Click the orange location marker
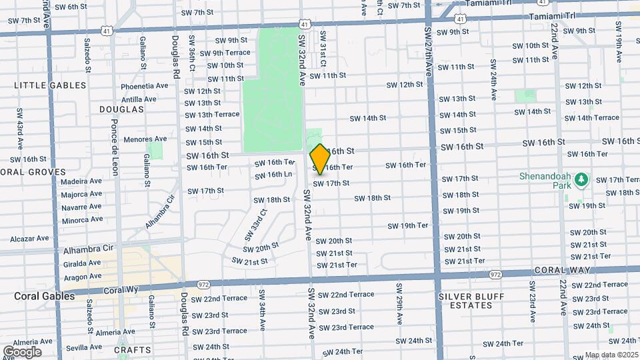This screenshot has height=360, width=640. (x=320, y=159)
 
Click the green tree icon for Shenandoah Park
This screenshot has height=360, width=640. (x=581, y=179)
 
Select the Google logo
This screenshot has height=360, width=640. (x=22, y=351)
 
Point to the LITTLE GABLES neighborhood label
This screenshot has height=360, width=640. (x=51, y=85)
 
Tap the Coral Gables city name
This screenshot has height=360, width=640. (x=45, y=296)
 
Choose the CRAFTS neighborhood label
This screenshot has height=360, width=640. (x=133, y=350)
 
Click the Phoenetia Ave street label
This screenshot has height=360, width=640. (x=145, y=86)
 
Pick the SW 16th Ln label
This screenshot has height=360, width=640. (x=275, y=175)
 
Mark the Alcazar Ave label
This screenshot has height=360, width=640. (x=29, y=238)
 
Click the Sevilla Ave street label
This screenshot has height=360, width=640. (x=84, y=347)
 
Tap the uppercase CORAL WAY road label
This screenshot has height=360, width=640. (x=559, y=270)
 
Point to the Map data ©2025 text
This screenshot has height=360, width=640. (x=611, y=355)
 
